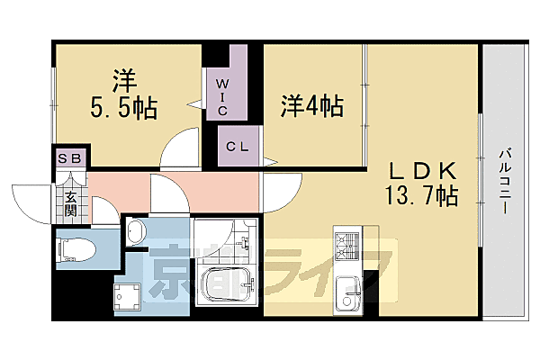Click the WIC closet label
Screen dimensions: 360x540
coord(221,98)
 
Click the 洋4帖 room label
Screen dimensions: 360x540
coord(311,105)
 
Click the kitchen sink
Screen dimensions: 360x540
coord(346,294)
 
